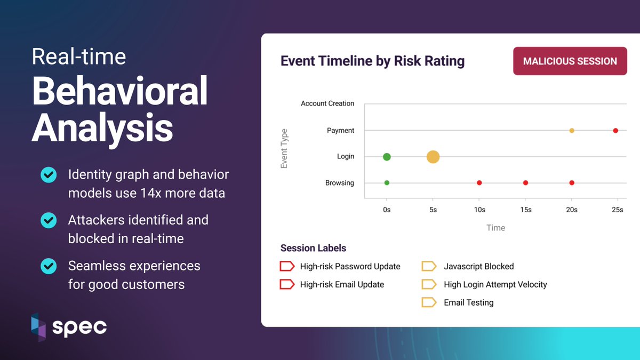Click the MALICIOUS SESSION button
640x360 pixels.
click(x=570, y=61)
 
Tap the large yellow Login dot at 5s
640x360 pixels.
click(x=433, y=157)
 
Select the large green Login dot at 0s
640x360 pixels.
click(x=387, y=157)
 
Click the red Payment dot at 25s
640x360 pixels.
click(x=615, y=131)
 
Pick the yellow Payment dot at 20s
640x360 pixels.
click(x=572, y=131)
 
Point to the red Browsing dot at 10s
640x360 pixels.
click(x=479, y=183)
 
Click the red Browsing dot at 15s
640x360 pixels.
click(x=525, y=183)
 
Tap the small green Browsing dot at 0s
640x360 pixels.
click(x=387, y=183)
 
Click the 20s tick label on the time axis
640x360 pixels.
click(x=571, y=210)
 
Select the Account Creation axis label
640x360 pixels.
click(x=327, y=103)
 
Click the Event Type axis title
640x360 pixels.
click(x=284, y=148)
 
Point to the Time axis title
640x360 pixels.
click(x=495, y=228)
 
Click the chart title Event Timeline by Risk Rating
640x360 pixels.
click(x=372, y=61)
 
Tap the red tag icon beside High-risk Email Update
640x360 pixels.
click(x=287, y=284)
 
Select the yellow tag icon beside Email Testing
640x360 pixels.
click(x=429, y=302)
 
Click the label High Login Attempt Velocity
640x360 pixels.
click(x=495, y=284)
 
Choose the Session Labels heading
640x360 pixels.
click(x=313, y=248)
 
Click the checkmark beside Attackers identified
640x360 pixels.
click(x=49, y=220)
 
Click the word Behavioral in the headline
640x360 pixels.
click(x=119, y=91)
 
